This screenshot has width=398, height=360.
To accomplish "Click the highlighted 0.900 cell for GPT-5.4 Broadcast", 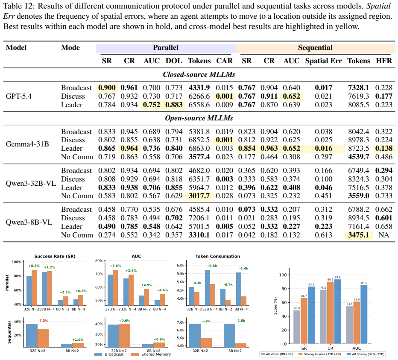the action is coord(107,88).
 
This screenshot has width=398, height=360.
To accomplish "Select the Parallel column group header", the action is coord(166,48).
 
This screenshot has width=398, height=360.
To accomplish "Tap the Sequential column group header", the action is coord(315,48).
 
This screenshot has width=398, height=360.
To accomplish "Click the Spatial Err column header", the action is coord(323,61).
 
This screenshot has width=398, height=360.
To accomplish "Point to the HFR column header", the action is coord(384,61).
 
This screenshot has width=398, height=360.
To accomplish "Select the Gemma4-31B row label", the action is coord(27,144).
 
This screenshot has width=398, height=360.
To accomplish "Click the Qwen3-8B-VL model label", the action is coord(29,222).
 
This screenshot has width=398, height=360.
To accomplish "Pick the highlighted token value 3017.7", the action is coord(199,196).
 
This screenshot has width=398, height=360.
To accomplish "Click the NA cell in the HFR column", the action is coord(384,235).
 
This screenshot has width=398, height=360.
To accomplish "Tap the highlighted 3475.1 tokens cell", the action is coord(358,235).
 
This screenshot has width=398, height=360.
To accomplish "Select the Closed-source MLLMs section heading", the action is coord(199,74).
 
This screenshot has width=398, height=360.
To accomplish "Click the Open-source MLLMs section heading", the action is coord(199,118).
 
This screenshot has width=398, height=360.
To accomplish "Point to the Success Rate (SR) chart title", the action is coord(55,256).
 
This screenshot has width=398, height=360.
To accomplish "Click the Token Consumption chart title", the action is coord(217,256).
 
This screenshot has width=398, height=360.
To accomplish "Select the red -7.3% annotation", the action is coord(43,321).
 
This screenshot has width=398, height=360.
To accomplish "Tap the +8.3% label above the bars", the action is coord(34,266).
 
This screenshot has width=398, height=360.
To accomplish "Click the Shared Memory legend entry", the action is coord(151,354).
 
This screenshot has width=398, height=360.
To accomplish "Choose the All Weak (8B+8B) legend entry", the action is coord(276,354).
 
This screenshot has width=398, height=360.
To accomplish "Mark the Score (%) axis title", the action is coord(275,306).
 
